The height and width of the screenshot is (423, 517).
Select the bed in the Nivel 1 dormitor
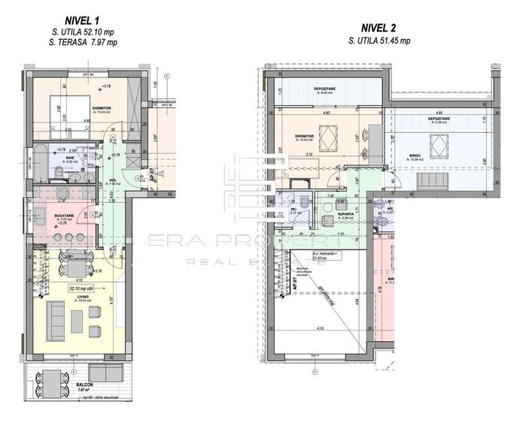[59, 110]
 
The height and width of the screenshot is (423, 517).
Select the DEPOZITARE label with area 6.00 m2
[326, 88]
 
